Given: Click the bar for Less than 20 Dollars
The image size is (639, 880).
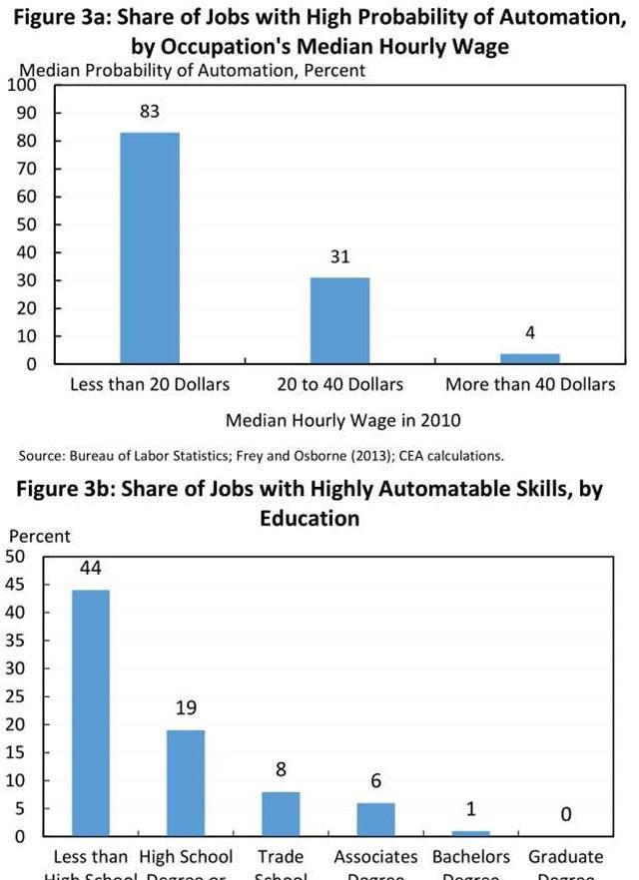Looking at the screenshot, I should [x=150, y=247].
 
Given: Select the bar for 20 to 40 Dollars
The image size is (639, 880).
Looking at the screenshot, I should [x=340, y=320].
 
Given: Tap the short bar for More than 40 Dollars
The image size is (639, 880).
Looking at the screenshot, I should [x=530, y=358].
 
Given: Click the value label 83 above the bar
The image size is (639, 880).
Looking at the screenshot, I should [x=150, y=112].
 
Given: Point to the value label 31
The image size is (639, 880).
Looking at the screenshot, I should [x=340, y=256].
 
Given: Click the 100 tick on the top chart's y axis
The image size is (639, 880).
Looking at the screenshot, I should [x=21, y=86].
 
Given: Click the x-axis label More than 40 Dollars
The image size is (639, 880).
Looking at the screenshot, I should [x=530, y=384].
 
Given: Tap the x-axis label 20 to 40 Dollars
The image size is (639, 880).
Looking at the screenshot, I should [x=340, y=384].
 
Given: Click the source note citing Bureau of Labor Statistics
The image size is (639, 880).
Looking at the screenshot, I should [x=262, y=456].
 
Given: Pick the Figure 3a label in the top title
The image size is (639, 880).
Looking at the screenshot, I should [x=69, y=18].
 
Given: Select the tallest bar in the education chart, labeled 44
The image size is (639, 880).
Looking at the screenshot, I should [x=90, y=712].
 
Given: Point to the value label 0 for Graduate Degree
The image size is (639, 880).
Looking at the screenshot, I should [x=565, y=815].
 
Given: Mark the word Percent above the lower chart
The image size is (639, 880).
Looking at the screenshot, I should [x=39, y=537].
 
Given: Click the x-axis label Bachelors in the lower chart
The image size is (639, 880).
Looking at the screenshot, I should [x=471, y=856].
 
